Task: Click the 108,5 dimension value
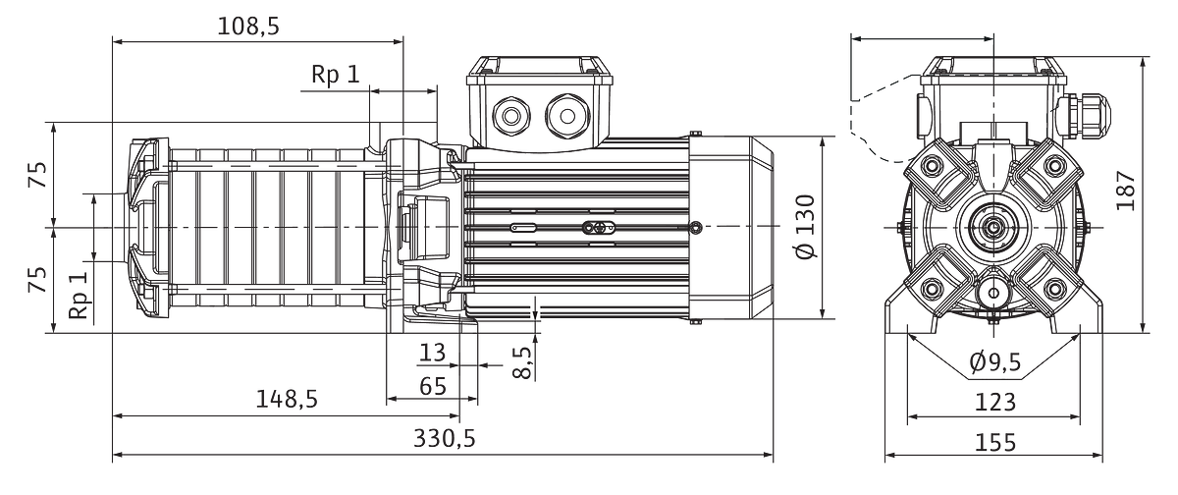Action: click(x=248, y=26)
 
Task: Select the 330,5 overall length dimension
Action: click(x=445, y=438)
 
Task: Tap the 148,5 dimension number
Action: click(x=287, y=400)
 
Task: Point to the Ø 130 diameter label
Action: click(x=805, y=227)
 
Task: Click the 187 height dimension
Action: click(x=1126, y=191)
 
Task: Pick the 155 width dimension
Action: click(x=995, y=442)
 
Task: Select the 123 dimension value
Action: click(x=995, y=403)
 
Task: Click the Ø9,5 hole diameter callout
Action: click(x=995, y=361)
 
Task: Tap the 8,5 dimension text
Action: click(x=522, y=361)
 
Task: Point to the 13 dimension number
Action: click(x=432, y=353)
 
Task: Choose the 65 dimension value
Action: click(x=433, y=387)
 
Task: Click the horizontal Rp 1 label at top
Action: click(x=336, y=75)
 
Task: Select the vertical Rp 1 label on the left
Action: click(x=80, y=295)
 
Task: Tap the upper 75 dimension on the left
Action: click(x=38, y=175)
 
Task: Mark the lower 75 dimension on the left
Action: click(x=38, y=280)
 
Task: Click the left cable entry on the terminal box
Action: click(x=511, y=116)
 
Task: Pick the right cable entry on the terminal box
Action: click(x=567, y=116)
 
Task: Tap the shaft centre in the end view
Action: click(x=993, y=227)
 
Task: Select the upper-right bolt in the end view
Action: click(x=1054, y=166)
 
